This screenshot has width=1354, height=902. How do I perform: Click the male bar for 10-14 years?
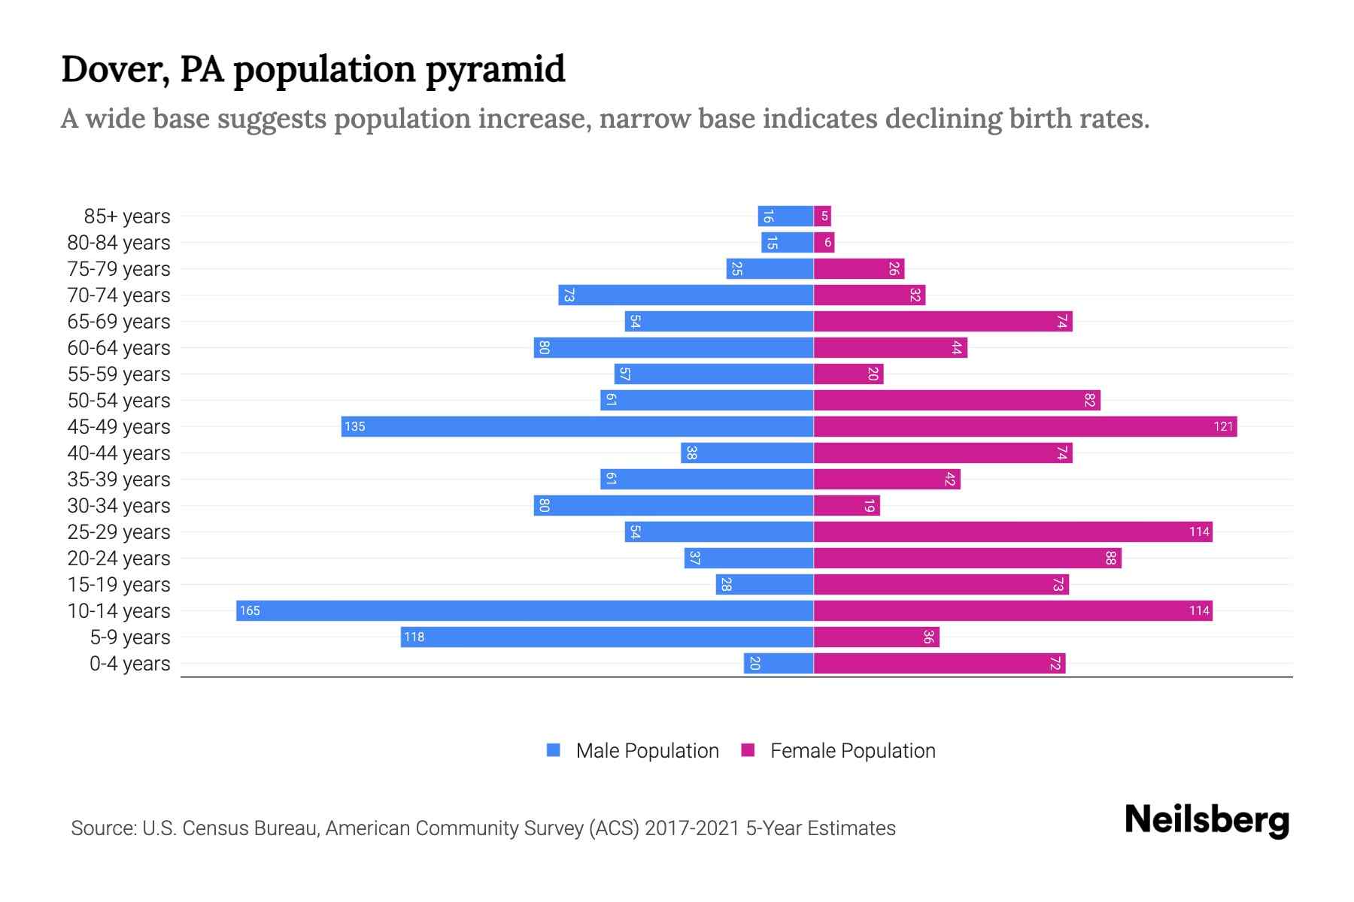524,610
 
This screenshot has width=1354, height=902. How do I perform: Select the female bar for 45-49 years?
1025,426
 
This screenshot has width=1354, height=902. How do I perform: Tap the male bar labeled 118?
606,637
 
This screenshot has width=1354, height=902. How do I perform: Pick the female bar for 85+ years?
822,216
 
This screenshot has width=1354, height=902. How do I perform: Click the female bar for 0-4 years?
939,663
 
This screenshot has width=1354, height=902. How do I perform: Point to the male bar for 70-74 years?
685,295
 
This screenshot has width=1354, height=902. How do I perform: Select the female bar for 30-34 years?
846,505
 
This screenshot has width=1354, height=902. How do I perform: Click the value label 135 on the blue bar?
354,426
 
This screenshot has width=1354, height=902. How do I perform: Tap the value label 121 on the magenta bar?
1223,426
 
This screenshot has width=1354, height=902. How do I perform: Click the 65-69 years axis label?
119,322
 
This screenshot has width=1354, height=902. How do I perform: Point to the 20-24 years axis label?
119,558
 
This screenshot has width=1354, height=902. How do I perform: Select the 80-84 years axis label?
119,243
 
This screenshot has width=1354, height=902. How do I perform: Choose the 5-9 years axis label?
130,637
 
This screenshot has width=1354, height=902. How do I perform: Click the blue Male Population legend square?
554,750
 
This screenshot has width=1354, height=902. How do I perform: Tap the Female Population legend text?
852,750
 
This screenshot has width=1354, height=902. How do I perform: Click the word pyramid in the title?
494,69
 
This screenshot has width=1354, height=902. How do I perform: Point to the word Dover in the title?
115,69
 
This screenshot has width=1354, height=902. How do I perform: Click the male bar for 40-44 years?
747,453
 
